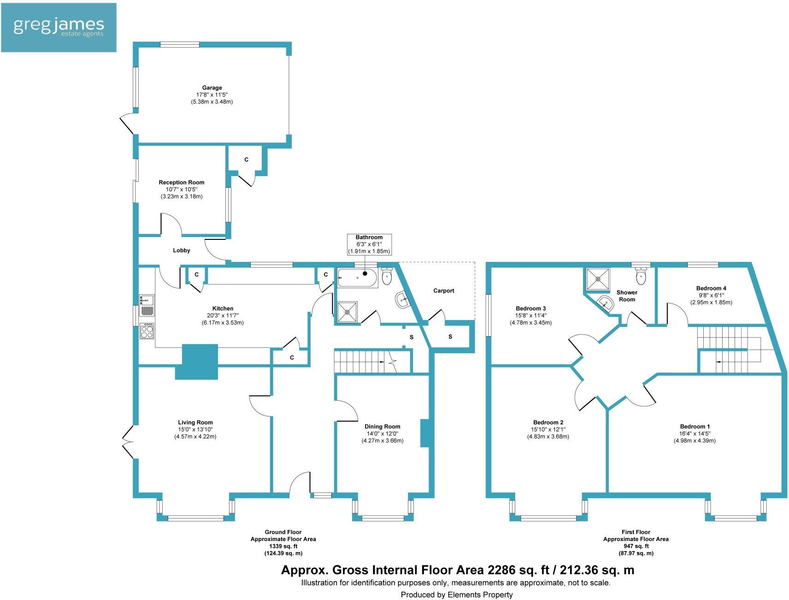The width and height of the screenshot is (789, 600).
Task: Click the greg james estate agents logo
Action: (x=59, y=27)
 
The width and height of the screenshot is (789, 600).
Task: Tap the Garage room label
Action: (x=212, y=88)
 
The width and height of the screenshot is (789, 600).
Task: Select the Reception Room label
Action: (x=181, y=182)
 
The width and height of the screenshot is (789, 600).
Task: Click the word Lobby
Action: (x=181, y=250)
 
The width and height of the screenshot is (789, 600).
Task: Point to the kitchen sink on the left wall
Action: (x=147, y=305)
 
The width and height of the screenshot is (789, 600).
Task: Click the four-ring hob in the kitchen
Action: (x=147, y=331)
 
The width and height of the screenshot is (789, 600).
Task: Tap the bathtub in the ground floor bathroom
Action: (x=357, y=278)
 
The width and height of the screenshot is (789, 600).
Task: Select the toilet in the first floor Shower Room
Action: (x=641, y=276)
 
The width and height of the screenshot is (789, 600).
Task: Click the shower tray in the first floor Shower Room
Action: (x=598, y=279)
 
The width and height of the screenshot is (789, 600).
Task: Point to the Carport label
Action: (x=443, y=291)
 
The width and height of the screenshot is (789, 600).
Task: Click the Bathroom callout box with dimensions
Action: (x=369, y=244)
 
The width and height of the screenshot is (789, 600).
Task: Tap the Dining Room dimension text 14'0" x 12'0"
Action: (x=382, y=434)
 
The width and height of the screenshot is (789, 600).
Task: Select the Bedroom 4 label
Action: (x=711, y=288)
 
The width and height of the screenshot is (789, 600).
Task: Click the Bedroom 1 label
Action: (x=695, y=427)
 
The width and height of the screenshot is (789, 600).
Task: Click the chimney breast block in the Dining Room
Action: (x=425, y=433)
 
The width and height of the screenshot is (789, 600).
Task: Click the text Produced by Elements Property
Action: (x=456, y=594)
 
